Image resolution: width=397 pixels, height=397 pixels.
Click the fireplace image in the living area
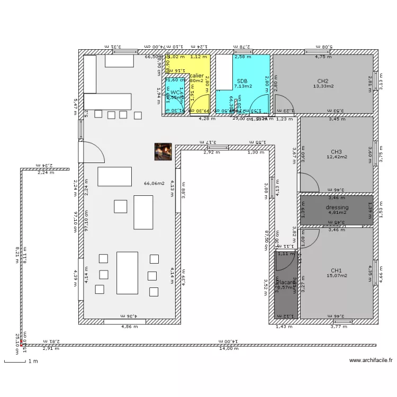pos(162,151)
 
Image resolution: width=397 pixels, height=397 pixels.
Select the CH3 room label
pos(337,151)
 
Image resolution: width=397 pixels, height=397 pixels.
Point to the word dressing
pos(337,207)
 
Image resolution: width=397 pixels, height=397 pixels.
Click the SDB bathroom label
pos(242,81)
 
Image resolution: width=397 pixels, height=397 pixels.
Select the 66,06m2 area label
pos(154,184)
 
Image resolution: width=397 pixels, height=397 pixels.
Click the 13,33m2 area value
pos(323,86)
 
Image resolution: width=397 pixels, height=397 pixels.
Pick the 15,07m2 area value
pos(337,275)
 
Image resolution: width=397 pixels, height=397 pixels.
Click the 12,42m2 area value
pos(337,157)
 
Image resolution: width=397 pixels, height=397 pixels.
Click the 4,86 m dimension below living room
pos(125,327)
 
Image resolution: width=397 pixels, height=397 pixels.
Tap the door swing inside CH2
pos(282,103)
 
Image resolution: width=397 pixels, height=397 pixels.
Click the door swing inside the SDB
pos(259,105)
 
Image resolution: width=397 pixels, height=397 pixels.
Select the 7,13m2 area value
pos(243,86)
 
